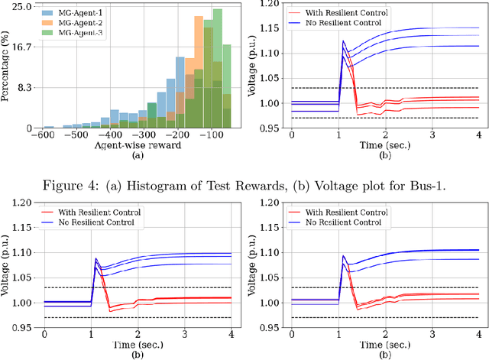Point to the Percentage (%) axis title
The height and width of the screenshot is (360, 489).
coord(7,67)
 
